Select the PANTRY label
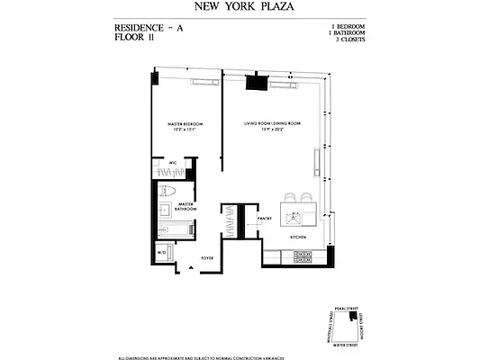(265, 218)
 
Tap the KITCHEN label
(298, 237)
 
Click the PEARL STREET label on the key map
(347, 307)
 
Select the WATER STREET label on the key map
(347, 343)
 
